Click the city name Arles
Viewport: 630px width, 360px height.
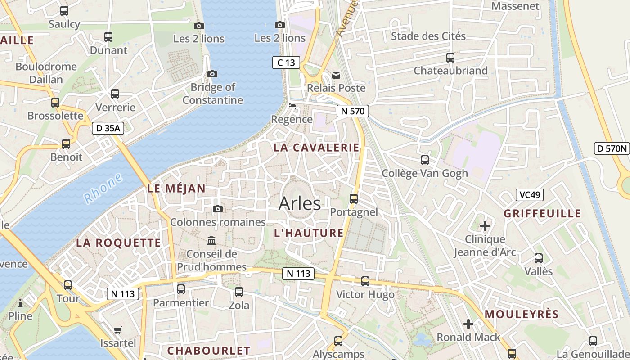300,203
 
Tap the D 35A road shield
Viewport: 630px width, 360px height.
108,128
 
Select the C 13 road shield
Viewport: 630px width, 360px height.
286,63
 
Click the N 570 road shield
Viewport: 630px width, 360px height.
353,111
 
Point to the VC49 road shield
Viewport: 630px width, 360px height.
530,195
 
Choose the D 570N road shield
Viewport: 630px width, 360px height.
612,148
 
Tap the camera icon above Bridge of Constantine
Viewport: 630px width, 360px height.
212,74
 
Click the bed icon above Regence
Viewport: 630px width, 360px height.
292,107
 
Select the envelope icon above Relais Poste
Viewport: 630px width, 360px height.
336,75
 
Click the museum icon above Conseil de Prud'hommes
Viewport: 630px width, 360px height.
211,241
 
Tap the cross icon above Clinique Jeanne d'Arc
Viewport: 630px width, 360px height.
485,225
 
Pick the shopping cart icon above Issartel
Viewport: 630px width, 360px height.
118,330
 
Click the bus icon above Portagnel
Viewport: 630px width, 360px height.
354,198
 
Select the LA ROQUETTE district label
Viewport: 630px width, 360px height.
118,243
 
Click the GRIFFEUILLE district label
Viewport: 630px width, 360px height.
542,213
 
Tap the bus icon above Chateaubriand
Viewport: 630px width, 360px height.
450,58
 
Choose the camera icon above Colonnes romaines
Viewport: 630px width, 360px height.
218,209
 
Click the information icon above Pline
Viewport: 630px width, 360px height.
20,303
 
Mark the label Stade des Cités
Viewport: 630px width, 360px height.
428,36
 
